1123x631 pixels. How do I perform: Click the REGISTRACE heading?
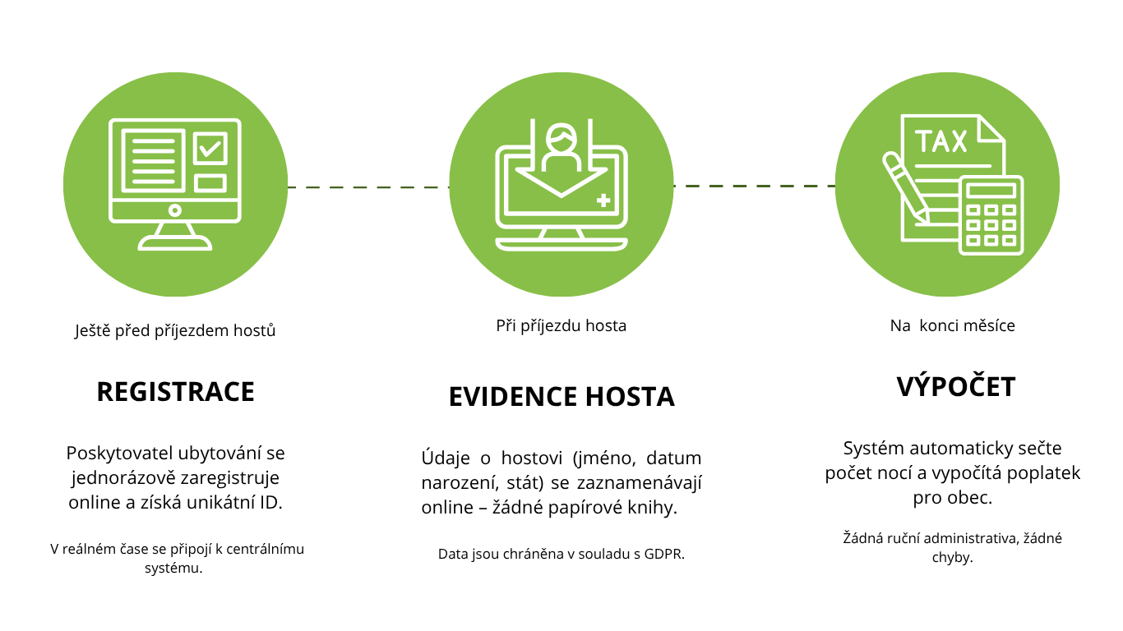[175, 392]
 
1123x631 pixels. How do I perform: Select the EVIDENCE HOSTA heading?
[561, 397]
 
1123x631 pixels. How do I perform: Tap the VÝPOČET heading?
[955, 387]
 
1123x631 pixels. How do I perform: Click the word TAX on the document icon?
[941, 142]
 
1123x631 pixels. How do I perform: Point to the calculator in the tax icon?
[991, 216]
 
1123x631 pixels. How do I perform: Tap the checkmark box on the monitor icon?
[210, 149]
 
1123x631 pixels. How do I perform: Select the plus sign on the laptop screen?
[604, 200]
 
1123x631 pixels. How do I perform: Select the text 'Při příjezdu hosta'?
[561, 326]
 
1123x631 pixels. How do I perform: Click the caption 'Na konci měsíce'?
[952, 326]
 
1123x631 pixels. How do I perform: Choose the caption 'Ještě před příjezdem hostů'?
[175, 331]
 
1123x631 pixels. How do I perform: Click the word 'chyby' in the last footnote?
[952, 557]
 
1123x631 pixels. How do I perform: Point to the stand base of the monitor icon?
[175, 243]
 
